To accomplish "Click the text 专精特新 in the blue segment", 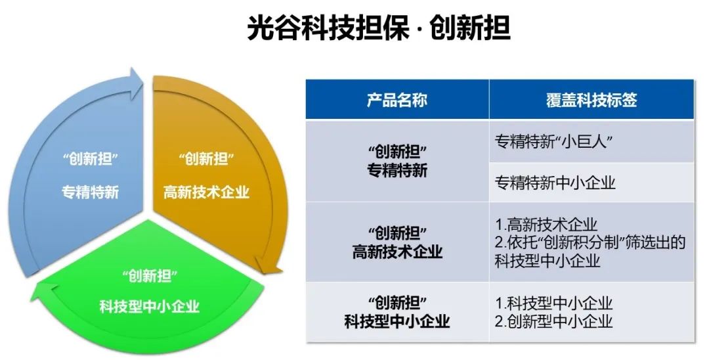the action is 91,192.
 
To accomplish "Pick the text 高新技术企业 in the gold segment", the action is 206,192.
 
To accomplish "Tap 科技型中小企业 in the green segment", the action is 149,306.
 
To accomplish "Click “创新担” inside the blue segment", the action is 91,159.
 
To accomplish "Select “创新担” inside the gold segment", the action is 206,159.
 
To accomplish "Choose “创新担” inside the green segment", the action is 149,275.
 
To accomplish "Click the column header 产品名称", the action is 397,100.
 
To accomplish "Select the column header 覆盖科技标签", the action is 591,100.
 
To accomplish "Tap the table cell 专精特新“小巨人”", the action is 554,142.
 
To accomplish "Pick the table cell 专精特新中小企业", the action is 555,183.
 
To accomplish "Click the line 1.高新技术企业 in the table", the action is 546,225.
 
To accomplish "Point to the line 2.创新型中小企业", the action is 553,321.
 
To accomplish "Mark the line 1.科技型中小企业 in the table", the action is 553,303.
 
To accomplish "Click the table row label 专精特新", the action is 397,171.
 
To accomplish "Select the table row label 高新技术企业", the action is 397,252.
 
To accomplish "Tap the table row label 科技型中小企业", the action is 397,321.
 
